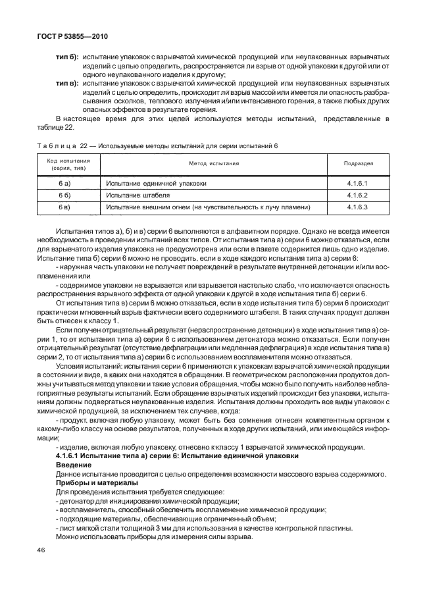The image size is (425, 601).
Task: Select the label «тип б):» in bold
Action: (67, 57)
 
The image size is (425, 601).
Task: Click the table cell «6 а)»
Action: (64, 184)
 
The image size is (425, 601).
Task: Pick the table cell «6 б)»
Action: (64, 196)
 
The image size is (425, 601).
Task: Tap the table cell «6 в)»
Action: (64, 207)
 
